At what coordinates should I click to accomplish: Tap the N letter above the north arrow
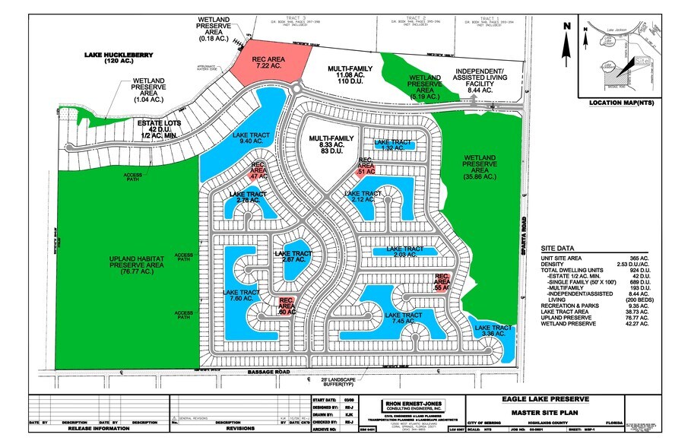(566, 25)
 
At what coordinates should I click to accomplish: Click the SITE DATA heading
(559, 249)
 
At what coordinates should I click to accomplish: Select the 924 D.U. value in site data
(635, 269)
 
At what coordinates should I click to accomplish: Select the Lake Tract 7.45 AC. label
(402, 319)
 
